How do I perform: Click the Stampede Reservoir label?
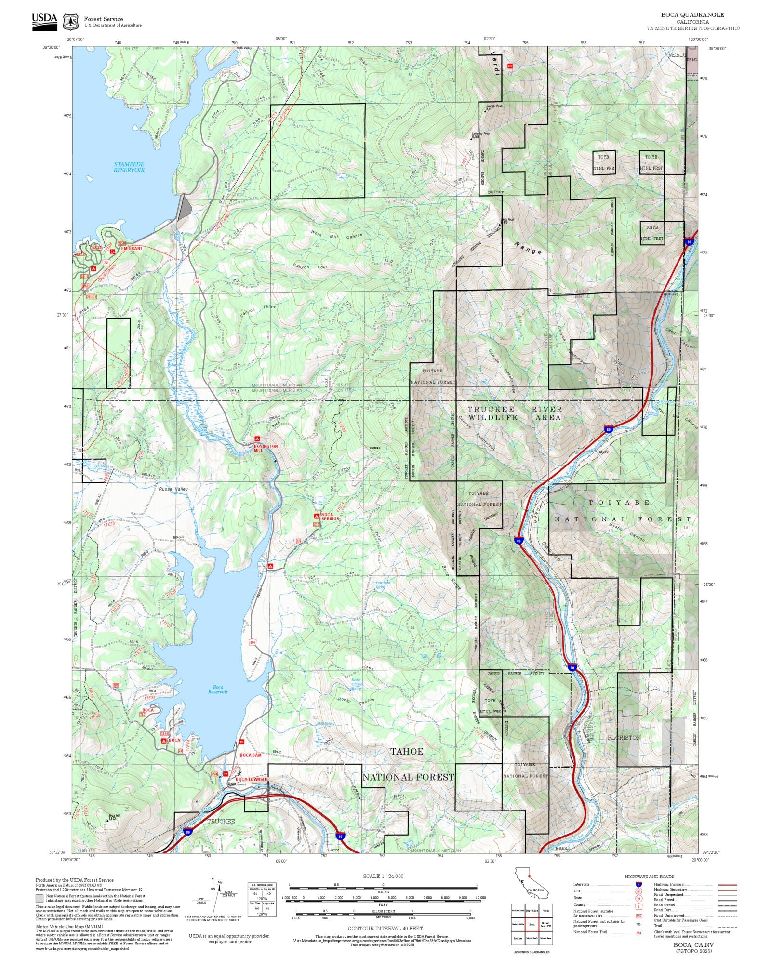pos(129,167)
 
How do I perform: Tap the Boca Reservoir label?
pos(218,690)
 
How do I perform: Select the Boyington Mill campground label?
pos(266,448)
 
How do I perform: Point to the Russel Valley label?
pos(173,489)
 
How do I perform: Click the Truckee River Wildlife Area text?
pos(514,413)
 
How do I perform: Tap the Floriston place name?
pos(624,737)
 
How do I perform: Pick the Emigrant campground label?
pos(132,249)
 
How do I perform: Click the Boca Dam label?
pos(251,755)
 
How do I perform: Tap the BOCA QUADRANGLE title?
pos(692,15)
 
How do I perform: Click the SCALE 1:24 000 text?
pos(383,876)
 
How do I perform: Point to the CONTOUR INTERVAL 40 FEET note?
pos(385,928)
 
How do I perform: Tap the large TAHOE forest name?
pos(407,751)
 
